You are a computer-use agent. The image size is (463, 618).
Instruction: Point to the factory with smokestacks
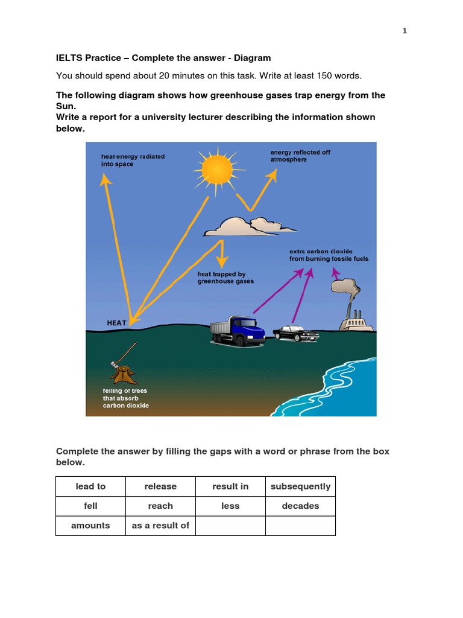pyautogui.click(x=356, y=320)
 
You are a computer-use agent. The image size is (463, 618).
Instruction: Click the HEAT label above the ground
pyautogui.click(x=117, y=323)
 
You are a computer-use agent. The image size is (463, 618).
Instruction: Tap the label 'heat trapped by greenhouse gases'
pyautogui.click(x=225, y=278)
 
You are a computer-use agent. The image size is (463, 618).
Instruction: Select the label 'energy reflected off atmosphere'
pyautogui.click(x=300, y=156)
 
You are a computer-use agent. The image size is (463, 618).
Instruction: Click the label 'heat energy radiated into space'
pyautogui.click(x=133, y=160)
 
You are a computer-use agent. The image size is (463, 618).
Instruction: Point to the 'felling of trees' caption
pyautogui.click(x=125, y=398)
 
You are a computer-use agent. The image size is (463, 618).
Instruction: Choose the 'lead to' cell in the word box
pyautogui.click(x=90, y=486)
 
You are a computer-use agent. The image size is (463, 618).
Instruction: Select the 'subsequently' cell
pyautogui.click(x=300, y=486)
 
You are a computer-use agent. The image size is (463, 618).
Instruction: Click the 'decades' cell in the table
pyautogui.click(x=300, y=506)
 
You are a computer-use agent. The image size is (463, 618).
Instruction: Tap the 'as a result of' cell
pyautogui.click(x=160, y=525)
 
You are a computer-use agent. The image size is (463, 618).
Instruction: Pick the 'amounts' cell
pyautogui.click(x=90, y=525)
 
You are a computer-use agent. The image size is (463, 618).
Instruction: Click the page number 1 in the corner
pyautogui.click(x=405, y=31)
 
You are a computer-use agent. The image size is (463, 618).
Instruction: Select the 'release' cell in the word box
pyautogui.click(x=160, y=486)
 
